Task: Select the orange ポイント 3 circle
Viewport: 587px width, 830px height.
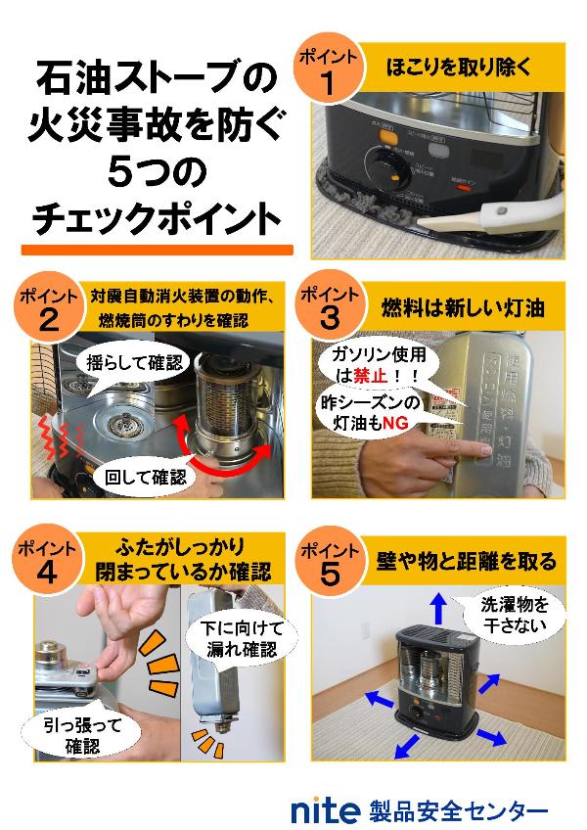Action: [x=330, y=307]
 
